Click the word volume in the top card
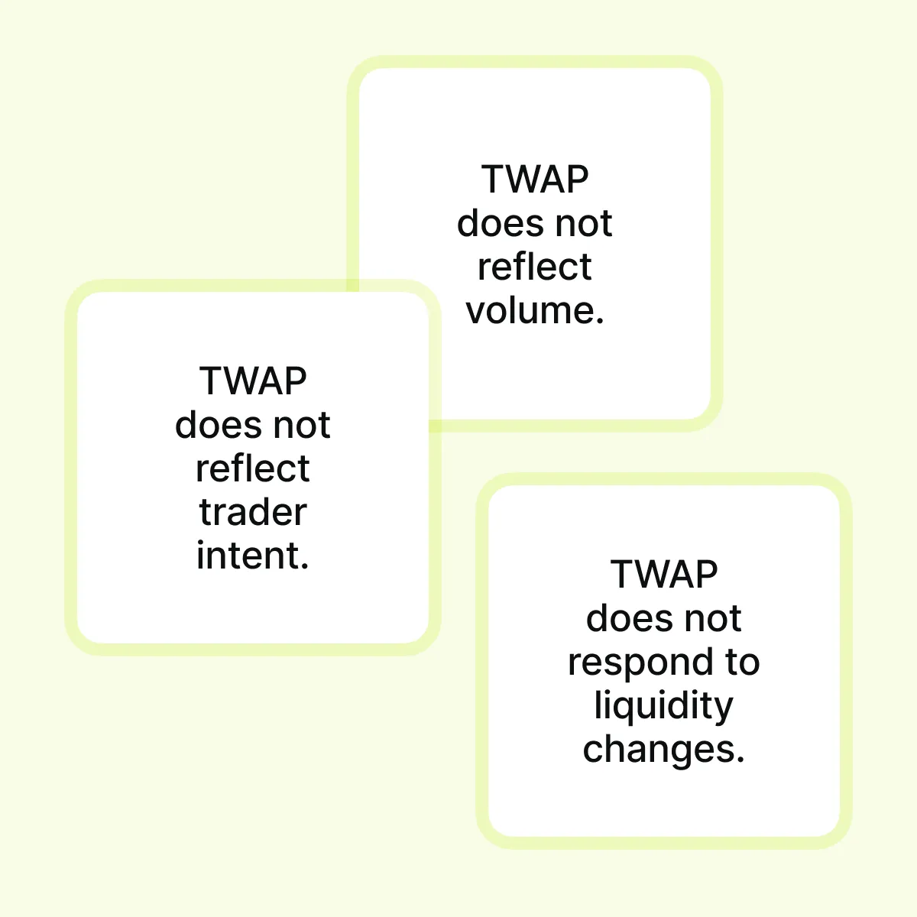(530, 311)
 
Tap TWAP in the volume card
(535, 180)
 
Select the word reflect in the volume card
(535, 267)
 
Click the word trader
(253, 512)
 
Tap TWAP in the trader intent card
(253, 381)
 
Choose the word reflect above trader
(253, 468)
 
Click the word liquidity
(663, 705)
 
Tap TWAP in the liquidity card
(664, 575)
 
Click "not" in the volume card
(584, 223)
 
